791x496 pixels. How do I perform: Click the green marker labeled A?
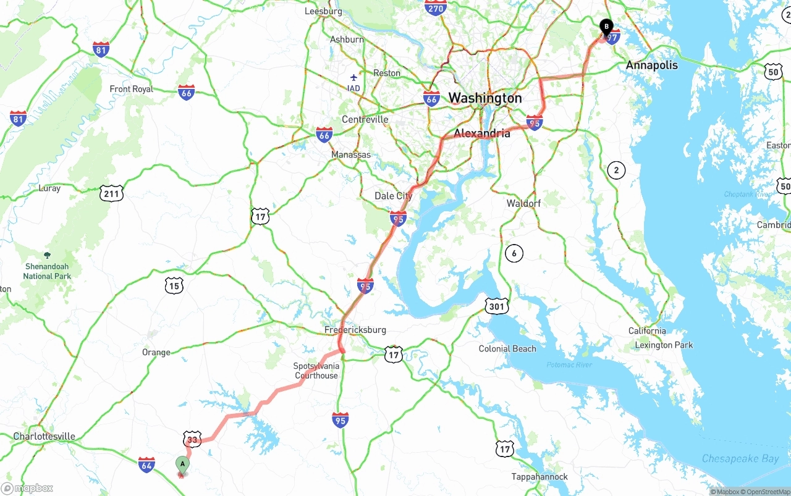[x=182, y=464]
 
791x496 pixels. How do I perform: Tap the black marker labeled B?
[x=606, y=27]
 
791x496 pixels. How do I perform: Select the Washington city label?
[x=485, y=98]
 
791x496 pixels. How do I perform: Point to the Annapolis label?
[x=651, y=65]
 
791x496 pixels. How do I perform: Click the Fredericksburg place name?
[x=355, y=330]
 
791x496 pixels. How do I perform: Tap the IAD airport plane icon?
[x=353, y=78]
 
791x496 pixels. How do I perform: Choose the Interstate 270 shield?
[x=436, y=7]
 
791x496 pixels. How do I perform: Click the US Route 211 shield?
[x=111, y=193]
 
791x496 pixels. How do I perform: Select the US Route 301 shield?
[x=497, y=305]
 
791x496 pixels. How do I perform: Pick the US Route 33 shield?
[x=193, y=439]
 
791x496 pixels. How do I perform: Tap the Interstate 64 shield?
[x=146, y=465]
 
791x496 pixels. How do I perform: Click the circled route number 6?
[x=514, y=253]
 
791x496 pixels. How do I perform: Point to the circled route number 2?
[x=615, y=170]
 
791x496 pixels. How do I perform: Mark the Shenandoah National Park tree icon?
[x=47, y=254]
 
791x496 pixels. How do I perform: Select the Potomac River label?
[x=569, y=365]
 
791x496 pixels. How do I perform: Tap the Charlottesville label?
[x=44, y=436]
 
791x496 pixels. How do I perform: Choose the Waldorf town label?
[x=523, y=203]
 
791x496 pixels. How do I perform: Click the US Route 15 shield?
[x=174, y=285]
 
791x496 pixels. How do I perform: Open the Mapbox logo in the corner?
[x=27, y=488]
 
